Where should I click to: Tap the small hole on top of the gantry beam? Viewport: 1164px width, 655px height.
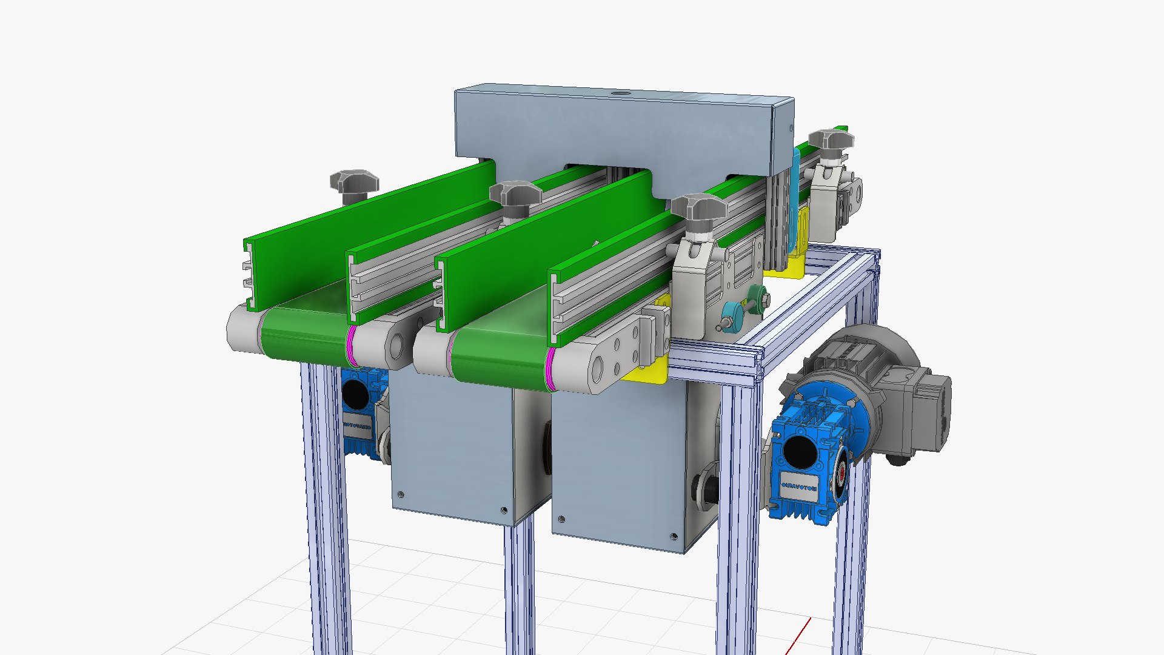(x=619, y=93)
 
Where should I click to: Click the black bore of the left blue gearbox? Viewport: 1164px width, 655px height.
(x=355, y=394)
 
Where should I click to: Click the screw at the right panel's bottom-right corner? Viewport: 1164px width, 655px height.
(x=674, y=536)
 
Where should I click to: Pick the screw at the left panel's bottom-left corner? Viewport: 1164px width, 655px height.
(x=400, y=494)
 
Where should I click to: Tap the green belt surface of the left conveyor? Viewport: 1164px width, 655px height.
(x=303, y=331)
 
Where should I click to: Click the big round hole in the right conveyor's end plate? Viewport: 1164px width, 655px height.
(x=598, y=368)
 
